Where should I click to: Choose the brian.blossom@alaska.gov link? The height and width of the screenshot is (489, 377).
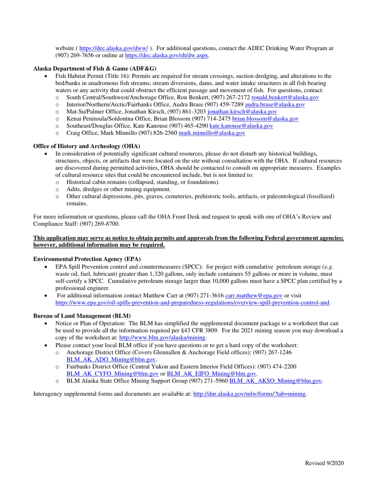coord(265,119)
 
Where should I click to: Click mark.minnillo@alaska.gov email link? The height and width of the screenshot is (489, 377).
coord(212,133)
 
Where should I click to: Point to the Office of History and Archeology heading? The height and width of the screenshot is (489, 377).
coord(87,146)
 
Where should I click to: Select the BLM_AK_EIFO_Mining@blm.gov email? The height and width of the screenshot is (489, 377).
coord(212,373)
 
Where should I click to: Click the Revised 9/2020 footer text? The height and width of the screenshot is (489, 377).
coord(324,462)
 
